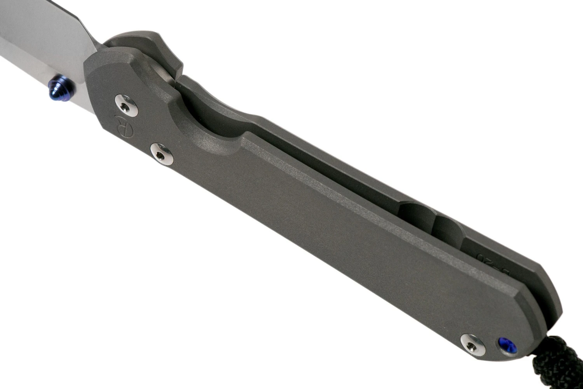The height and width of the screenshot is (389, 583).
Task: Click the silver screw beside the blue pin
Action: pos(472,343)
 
